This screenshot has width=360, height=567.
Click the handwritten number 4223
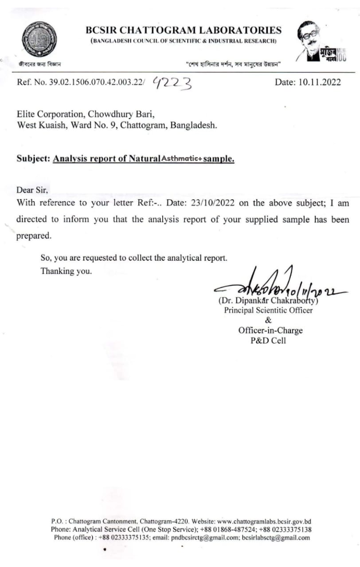(x=172, y=82)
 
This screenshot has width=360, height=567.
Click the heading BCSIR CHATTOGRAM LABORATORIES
(x=184, y=30)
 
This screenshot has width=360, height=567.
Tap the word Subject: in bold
(x=33, y=159)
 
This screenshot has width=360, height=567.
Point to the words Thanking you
(x=66, y=271)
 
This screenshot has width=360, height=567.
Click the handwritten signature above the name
(x=275, y=287)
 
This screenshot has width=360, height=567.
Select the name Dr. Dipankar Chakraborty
(x=268, y=301)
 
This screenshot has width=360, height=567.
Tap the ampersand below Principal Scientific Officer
(x=268, y=320)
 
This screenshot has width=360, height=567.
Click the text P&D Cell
(x=268, y=341)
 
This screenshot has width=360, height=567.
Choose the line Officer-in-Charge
(x=270, y=330)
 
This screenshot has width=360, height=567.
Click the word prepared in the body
(x=34, y=236)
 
